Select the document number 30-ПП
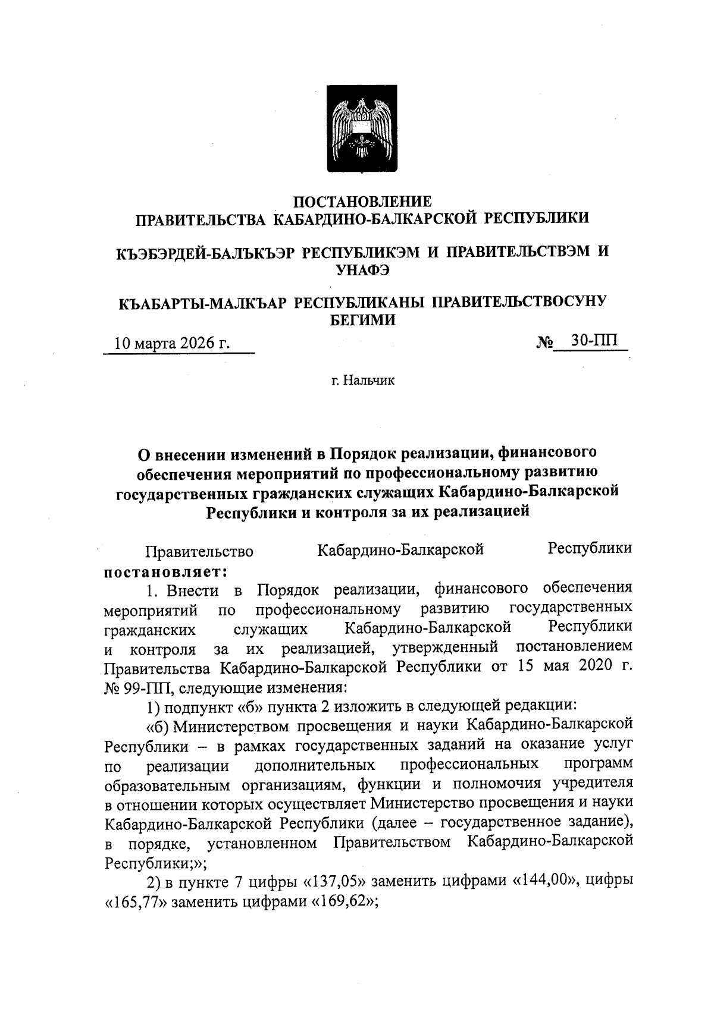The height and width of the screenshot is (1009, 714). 593,341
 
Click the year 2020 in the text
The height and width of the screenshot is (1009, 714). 589,667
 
